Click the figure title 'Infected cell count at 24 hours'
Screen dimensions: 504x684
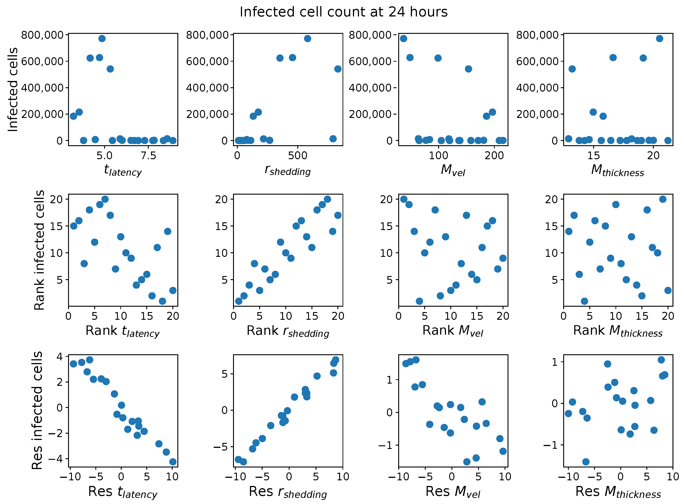pos(343,12)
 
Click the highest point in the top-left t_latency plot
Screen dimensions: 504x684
pos(102,38)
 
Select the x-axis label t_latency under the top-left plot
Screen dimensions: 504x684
pos(123,170)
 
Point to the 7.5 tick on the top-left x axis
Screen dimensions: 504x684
pos(148,156)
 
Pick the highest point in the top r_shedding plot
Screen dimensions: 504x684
pos(307,38)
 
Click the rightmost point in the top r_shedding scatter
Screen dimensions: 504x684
pos(338,69)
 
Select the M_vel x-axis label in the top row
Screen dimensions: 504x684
pos(453,170)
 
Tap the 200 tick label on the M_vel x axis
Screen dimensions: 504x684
pos(494,156)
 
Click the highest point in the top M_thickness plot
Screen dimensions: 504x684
pos(660,38)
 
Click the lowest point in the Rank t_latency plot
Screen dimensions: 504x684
pos(162,301)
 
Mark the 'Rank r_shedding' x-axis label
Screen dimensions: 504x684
pos(288,331)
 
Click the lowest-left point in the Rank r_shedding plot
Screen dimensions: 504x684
pos(238,301)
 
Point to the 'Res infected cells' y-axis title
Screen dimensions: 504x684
pos(37,410)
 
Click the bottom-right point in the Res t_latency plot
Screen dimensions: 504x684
pos(173,462)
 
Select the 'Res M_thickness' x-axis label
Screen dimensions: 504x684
pos(618,492)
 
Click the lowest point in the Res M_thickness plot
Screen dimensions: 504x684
pos(586,462)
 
